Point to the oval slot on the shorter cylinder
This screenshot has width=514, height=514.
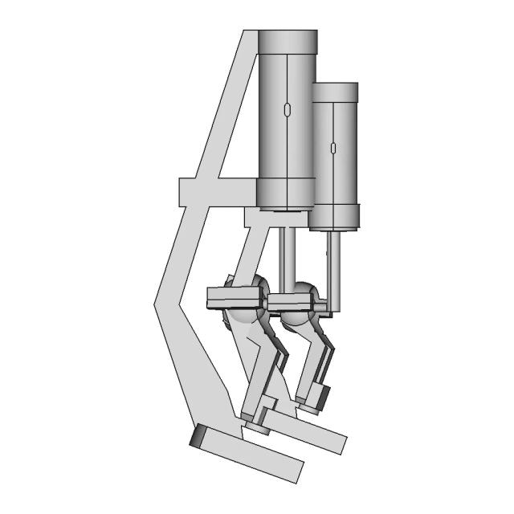332,148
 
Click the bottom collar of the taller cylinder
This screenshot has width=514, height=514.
285,193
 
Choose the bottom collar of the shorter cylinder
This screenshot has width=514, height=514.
335,215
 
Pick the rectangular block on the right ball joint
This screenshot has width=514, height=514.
290,301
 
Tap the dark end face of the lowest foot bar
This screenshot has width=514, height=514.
198,436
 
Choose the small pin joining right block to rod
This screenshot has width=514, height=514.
320,307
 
